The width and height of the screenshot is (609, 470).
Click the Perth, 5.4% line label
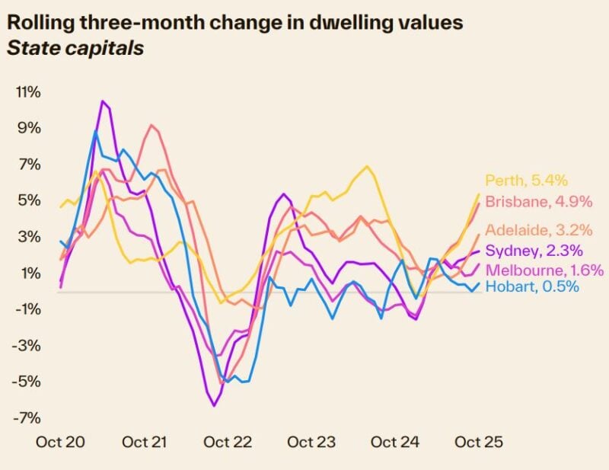pyautogui.click(x=527, y=181)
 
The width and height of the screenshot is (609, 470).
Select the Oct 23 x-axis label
pyautogui.click(x=311, y=442)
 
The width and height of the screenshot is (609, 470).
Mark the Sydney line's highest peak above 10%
pyautogui.click(x=102, y=101)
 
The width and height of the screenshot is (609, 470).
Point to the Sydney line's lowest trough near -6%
pyautogui.click(x=214, y=406)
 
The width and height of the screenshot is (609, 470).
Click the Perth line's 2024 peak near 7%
pyautogui.click(x=368, y=166)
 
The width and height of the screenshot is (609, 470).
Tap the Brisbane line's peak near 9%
pyautogui.click(x=151, y=125)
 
